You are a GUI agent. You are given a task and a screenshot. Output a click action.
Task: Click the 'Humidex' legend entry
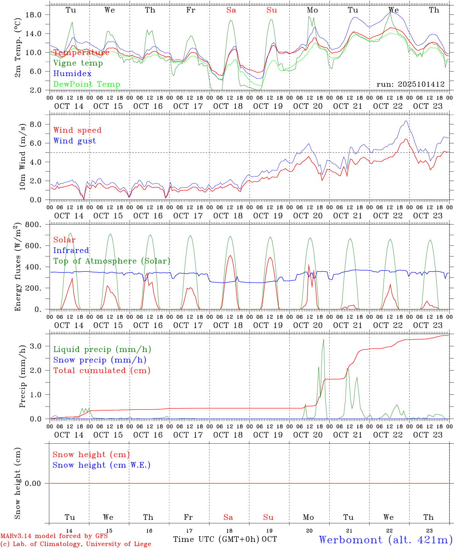pos(72,74)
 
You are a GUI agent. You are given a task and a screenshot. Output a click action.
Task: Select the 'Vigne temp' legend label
pos(78,63)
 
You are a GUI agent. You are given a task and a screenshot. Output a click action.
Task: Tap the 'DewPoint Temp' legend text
pos(87,84)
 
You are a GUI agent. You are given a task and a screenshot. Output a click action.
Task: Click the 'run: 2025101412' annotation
pos(410,84)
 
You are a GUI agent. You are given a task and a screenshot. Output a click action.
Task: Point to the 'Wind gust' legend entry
pos(75,141)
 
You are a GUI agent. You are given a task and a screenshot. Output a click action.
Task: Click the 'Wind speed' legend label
pos(78,130)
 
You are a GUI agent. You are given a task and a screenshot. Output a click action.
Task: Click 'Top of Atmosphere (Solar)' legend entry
pos(112,261)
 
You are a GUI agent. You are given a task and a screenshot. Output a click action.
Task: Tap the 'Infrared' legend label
pos(71,250)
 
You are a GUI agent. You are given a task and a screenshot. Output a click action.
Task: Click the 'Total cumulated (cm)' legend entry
pos(102,371)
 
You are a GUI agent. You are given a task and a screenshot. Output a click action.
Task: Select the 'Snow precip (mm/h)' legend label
pos(100,360)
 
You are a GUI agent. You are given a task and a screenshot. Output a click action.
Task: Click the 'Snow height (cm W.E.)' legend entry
pos(101,465)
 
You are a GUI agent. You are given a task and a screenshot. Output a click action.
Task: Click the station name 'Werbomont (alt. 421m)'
pos(386,540)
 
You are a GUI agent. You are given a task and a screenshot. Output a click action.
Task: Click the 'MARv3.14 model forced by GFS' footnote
pos(54,536)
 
